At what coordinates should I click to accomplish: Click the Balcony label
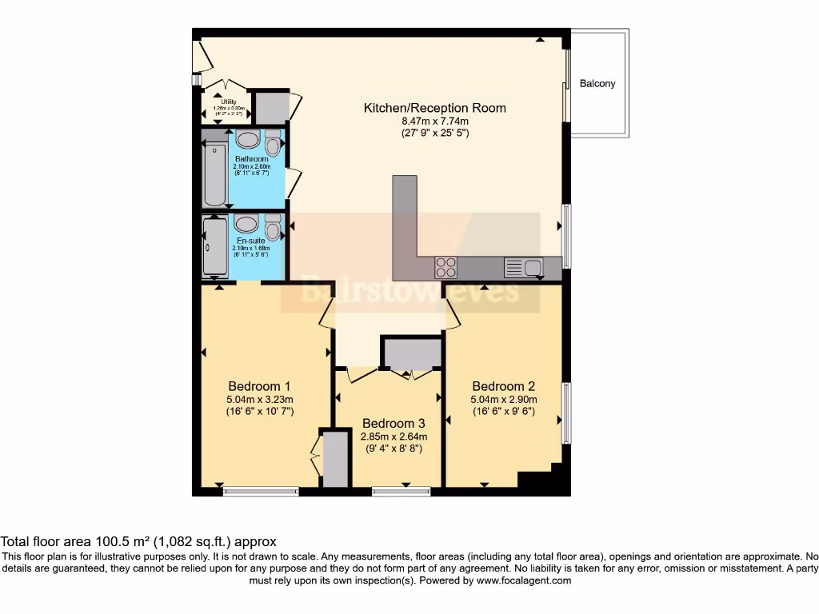point(597,83)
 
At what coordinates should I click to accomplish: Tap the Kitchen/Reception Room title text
point(434,108)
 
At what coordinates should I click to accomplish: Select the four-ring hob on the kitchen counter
point(445,267)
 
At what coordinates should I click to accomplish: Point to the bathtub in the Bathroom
point(214,174)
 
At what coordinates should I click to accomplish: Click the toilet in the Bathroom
point(273,143)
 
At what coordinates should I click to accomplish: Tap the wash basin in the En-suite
point(246,224)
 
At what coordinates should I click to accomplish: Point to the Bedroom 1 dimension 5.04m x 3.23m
point(261,400)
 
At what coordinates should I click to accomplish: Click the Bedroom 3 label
point(394,423)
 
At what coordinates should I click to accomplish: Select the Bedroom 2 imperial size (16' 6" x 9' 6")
point(503,413)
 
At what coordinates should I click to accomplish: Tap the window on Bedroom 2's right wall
point(566,413)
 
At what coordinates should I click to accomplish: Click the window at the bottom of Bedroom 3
point(402,491)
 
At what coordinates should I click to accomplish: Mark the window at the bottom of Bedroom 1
point(261,491)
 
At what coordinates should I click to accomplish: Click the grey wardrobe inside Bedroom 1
point(336,459)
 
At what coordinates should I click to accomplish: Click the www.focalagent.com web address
point(524,580)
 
